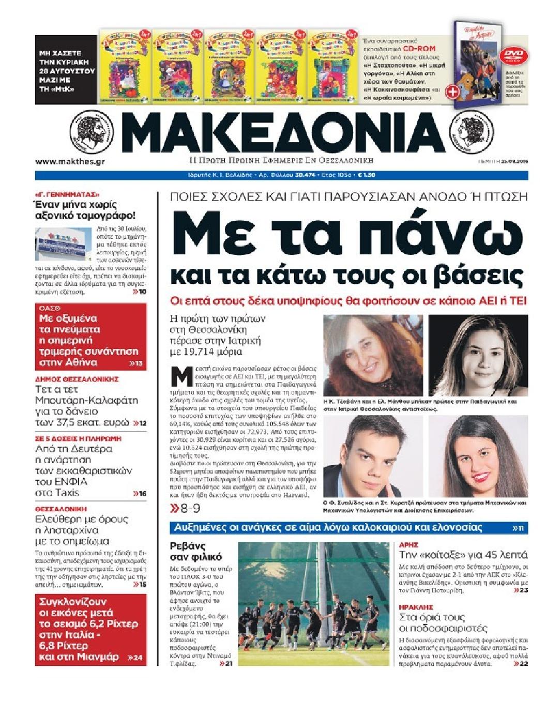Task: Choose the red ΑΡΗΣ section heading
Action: coord(409,544)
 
